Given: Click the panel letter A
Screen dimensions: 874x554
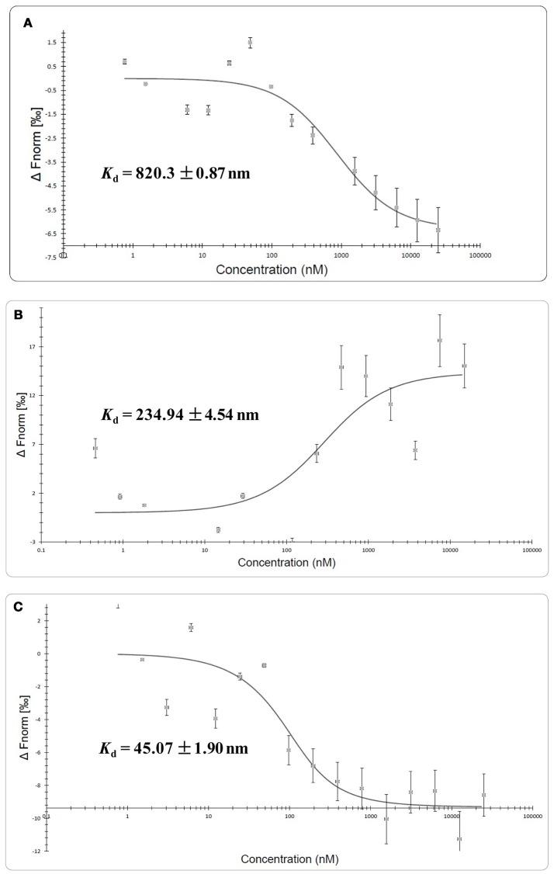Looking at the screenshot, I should pos(28,23).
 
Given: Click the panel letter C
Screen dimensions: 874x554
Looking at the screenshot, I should pos(28,608).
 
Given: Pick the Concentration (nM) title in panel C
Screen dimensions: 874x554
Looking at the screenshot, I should pos(290,859).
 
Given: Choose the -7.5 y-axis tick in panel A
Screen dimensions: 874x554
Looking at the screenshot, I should pos(49,257).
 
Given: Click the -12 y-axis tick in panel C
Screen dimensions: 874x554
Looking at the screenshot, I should pos(35,851).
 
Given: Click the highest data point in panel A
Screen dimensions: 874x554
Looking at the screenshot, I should pos(250,43).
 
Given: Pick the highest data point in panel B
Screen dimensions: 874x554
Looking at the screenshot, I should pos(440,340).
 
